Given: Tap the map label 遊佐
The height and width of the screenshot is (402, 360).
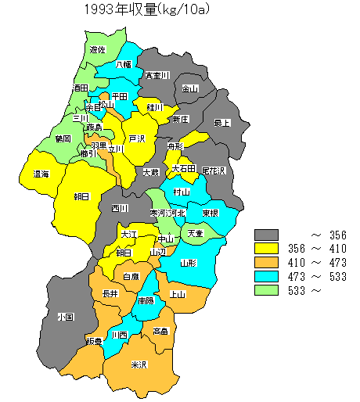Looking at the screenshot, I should (x=98, y=49).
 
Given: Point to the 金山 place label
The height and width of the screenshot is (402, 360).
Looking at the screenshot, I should (x=190, y=89).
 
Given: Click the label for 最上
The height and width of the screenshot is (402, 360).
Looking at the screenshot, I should (x=223, y=123).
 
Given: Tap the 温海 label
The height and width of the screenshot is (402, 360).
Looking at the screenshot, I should (x=41, y=174).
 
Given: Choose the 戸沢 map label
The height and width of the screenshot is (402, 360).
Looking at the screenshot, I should (x=137, y=138).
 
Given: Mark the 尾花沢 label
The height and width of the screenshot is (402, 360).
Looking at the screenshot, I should (x=213, y=170).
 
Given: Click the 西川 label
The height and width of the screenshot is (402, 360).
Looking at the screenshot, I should (x=119, y=208).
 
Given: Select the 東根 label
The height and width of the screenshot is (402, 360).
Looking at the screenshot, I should (x=210, y=213).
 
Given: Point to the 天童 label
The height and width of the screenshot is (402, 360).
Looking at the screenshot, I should (x=194, y=233).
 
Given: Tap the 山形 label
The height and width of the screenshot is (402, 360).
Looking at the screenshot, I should (x=189, y=264).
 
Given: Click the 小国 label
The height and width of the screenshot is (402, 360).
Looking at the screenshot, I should (x=65, y=318).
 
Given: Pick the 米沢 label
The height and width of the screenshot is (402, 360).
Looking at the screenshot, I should (x=139, y=364).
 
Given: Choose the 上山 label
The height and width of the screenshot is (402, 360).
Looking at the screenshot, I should (x=178, y=294).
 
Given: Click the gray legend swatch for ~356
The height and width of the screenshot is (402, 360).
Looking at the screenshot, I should (x=267, y=235).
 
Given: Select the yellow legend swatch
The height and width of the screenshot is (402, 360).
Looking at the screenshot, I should (x=267, y=249).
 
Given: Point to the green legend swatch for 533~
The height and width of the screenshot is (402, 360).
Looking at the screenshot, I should (x=267, y=291).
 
